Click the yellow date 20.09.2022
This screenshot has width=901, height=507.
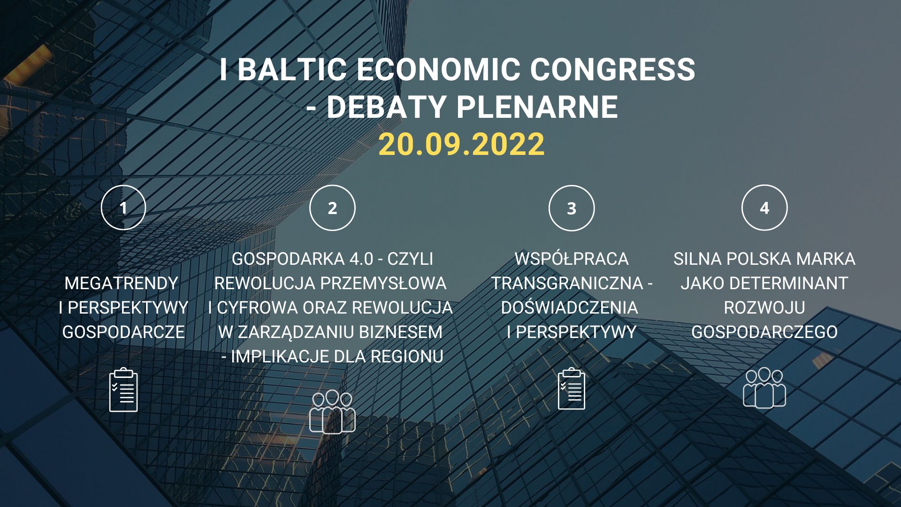[461, 144]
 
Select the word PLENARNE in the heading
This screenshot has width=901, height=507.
[537, 107]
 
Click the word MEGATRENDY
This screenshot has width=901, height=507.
[122, 283]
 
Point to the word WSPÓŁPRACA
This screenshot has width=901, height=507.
[571, 259]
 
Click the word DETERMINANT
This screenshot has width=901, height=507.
[789, 283]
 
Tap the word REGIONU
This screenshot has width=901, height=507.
[407, 356]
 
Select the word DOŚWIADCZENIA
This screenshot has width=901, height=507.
[569, 307]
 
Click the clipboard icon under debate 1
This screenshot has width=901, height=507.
[123, 390]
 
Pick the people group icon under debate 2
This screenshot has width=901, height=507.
[332, 412]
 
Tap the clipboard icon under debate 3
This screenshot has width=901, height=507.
[572, 389]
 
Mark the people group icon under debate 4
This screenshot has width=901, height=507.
[764, 387]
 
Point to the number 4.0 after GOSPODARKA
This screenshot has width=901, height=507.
[361, 259]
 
